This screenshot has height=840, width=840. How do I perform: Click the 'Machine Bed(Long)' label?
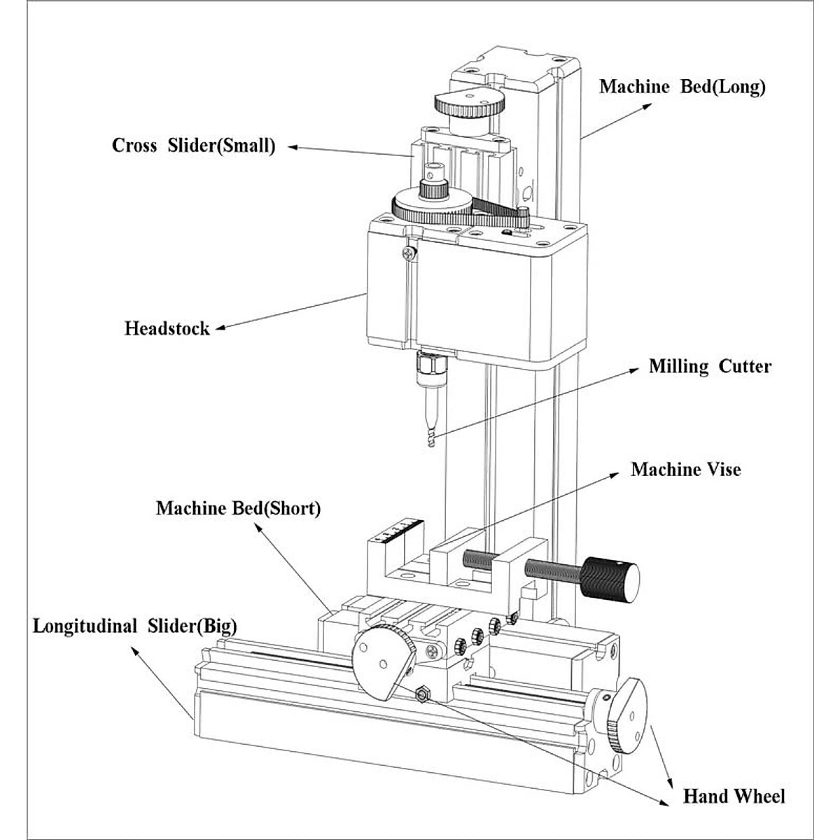click(682, 87)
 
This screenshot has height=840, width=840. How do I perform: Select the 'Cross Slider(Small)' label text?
click(194, 146)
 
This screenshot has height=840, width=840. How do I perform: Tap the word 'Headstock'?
click(167, 328)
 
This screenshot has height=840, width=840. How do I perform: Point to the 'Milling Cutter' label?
click(710, 366)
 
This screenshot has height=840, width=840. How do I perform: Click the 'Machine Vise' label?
click(685, 469)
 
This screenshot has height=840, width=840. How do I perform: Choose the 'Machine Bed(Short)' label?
click(238, 508)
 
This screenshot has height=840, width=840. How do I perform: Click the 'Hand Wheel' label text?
click(734, 796)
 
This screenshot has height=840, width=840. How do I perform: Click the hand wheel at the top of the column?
click(470, 104)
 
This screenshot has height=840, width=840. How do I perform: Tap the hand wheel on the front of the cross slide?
click(384, 661)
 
